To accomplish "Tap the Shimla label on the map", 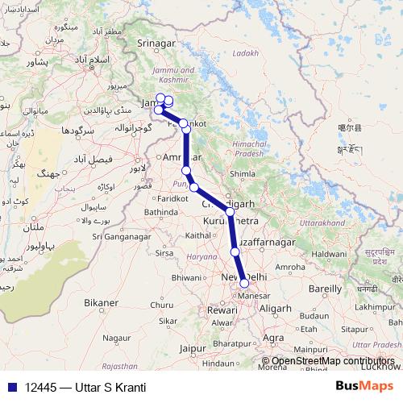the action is tap(243, 173).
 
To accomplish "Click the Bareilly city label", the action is tap(326, 288).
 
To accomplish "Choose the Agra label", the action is tap(274, 337).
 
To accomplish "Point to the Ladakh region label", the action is tap(246, 53).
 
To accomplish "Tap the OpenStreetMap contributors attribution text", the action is tap(332, 362).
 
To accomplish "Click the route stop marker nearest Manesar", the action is tap(244, 283).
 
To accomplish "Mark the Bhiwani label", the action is tap(187, 277).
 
